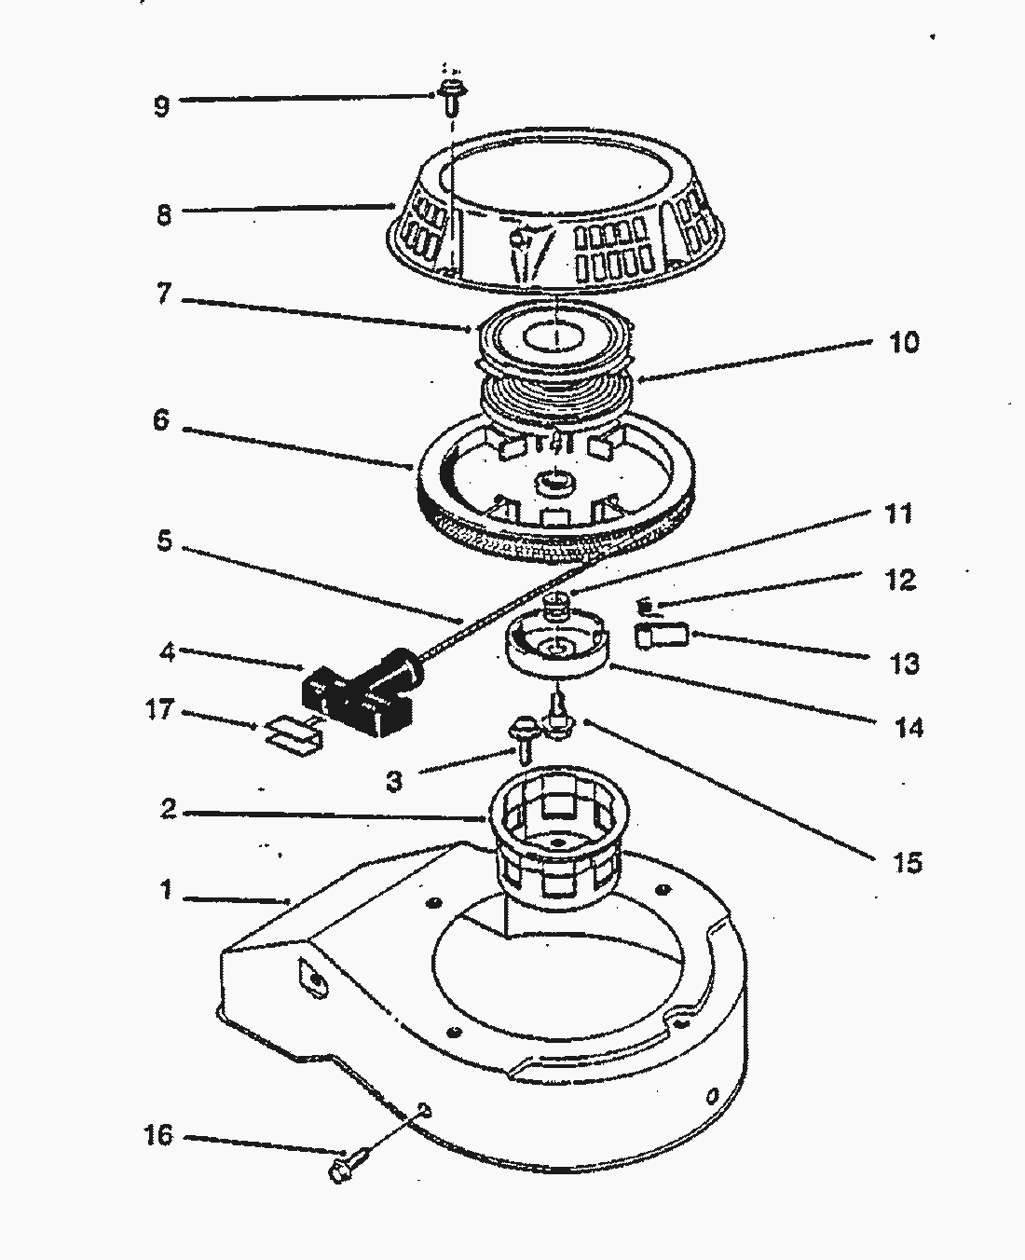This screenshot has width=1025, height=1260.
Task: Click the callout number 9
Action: click(x=162, y=105)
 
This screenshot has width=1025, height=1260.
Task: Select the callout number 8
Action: click(x=163, y=215)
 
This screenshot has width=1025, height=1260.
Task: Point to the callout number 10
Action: click(x=904, y=342)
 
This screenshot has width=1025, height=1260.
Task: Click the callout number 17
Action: click(x=159, y=710)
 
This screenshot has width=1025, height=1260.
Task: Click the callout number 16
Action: click(x=158, y=1136)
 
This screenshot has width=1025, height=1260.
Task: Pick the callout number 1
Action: click(x=166, y=891)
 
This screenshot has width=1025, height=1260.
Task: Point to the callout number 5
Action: click(x=164, y=541)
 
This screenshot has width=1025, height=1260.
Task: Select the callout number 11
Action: click(x=899, y=514)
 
